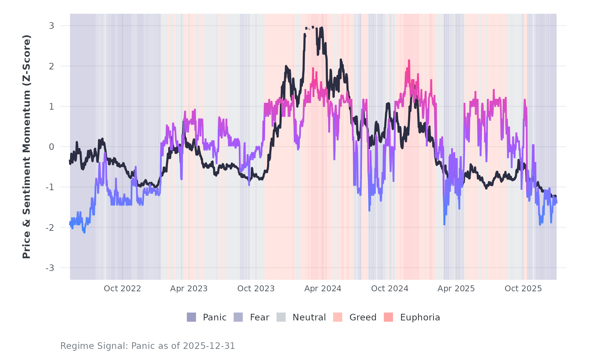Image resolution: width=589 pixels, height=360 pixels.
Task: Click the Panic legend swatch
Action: (191, 317)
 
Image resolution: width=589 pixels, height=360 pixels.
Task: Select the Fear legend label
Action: (259, 317)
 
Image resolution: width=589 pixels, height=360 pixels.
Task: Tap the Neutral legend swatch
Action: (281, 317)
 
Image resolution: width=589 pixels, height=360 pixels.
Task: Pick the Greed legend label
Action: (363, 317)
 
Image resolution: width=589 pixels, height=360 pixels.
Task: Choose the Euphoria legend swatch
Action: (388, 317)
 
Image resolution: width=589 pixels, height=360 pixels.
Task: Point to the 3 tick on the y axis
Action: (51, 26)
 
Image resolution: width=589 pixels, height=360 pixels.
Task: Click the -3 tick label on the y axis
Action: (50, 268)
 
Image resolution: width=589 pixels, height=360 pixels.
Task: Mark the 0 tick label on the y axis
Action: (51, 147)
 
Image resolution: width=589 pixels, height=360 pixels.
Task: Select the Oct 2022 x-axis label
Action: (122, 289)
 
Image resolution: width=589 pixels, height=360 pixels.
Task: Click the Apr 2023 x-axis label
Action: (189, 289)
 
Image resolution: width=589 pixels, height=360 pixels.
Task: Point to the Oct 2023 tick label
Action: (256, 289)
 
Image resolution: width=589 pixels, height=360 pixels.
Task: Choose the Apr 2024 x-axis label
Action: (323, 289)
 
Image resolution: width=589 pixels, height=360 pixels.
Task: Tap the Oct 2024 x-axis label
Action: (390, 289)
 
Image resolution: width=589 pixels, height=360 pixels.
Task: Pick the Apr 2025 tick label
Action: (456, 289)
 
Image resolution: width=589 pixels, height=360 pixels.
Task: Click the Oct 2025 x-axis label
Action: (523, 289)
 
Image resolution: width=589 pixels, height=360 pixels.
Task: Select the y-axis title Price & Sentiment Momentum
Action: (27, 147)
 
